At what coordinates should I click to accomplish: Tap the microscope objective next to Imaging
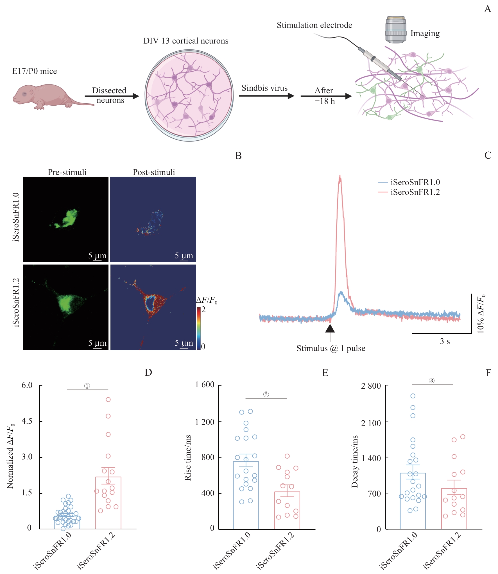(x=395, y=29)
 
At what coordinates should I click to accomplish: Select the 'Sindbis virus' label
(x=264, y=88)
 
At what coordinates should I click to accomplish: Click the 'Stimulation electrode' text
(x=314, y=25)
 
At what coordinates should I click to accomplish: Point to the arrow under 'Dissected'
(x=112, y=96)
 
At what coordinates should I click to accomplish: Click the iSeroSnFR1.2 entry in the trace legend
(x=415, y=192)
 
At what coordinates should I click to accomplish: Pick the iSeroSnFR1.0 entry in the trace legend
(x=415, y=183)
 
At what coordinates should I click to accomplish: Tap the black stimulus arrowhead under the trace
(x=330, y=328)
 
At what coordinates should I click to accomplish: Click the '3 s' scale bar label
(x=445, y=341)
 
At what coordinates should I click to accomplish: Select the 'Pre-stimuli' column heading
(x=67, y=172)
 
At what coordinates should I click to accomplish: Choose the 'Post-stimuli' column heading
(x=154, y=172)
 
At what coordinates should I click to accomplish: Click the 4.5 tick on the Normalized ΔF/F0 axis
(x=27, y=421)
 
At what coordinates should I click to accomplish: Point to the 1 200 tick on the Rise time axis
(x=205, y=422)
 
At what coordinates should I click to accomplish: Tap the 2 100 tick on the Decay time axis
(x=371, y=423)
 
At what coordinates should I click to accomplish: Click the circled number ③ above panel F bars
(x=431, y=381)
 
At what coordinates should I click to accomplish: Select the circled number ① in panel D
(x=87, y=386)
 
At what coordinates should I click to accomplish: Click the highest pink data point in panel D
(x=108, y=400)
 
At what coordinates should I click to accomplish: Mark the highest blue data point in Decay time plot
(x=413, y=396)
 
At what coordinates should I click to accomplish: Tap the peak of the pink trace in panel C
(x=340, y=176)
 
